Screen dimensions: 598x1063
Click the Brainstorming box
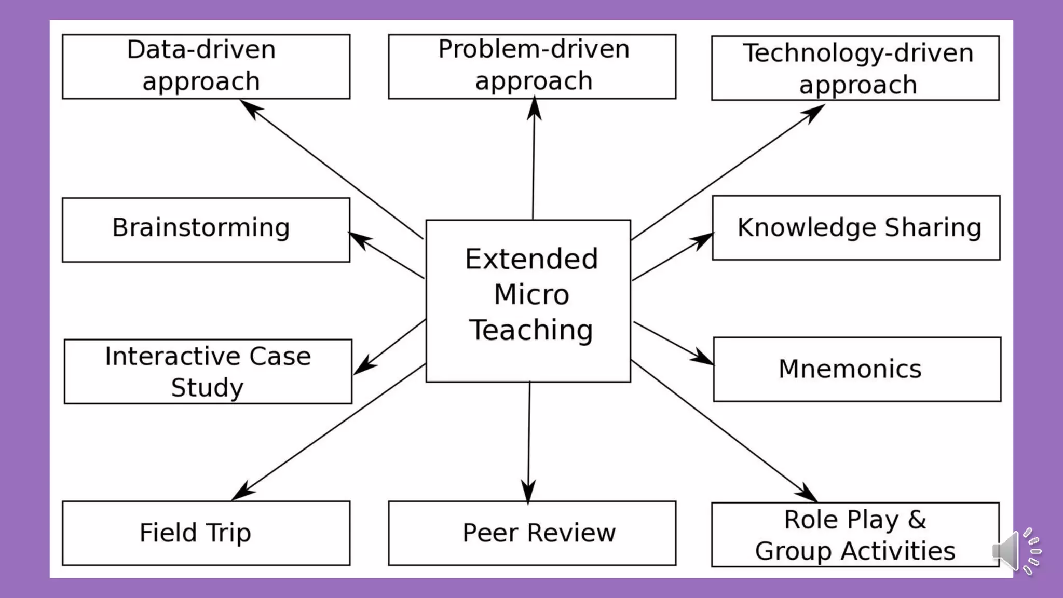pos(206,229)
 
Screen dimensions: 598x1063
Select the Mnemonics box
pos(856,369)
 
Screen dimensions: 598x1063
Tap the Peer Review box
pos(532,533)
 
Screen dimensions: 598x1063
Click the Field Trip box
pos(206,533)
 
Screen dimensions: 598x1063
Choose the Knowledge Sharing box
pos(856,228)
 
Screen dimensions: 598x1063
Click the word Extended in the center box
pos(531,259)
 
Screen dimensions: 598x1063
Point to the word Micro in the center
pos(531,294)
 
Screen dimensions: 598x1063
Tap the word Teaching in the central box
pos(531,330)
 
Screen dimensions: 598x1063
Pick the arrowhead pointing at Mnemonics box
pos(703,358)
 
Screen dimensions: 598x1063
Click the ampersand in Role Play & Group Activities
pos(917,519)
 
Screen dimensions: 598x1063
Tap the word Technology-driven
pos(857,53)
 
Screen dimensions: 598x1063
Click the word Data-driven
pos(201,50)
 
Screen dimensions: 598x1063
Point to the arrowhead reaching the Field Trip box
pos(242,491)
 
